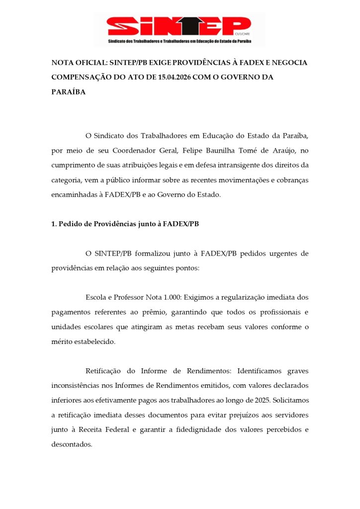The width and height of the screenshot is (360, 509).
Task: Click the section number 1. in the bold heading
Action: (x=54, y=224)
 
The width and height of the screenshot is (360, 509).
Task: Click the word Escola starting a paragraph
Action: (x=97, y=297)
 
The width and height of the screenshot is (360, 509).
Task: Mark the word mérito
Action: (x=63, y=341)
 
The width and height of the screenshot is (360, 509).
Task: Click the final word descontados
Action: (x=72, y=444)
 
